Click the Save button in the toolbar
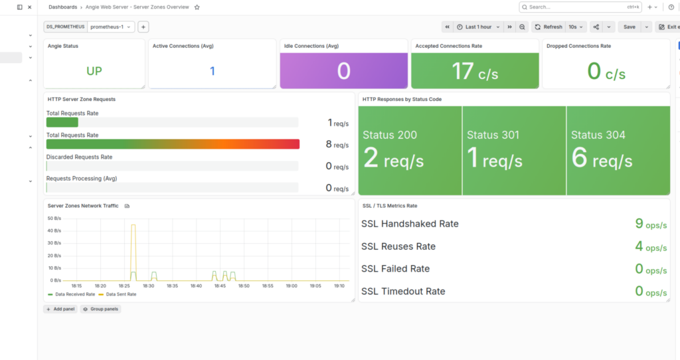tap(630, 27)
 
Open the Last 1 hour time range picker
tap(478, 27)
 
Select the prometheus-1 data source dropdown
tap(111, 27)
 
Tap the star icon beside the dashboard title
tap(197, 7)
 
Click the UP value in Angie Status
tap(94, 71)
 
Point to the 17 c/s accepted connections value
tap(475, 72)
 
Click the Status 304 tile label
tap(598, 135)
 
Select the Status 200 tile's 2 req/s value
tap(393, 158)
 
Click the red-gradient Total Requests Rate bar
tap(173, 144)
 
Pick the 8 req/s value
tap(337, 144)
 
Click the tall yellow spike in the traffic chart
tap(133, 252)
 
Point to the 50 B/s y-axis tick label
tap(54, 218)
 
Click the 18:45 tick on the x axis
tap(220, 286)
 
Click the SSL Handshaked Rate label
tap(410, 224)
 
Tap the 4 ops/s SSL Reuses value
tap(651, 246)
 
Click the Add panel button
tap(60, 310)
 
